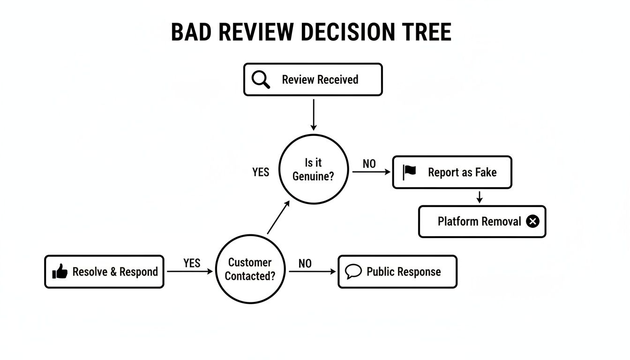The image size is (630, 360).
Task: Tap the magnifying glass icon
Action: click(x=261, y=80)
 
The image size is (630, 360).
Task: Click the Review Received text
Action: click(x=320, y=80)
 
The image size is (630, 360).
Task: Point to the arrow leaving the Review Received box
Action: click(x=314, y=114)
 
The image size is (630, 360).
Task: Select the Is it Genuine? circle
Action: click(x=314, y=169)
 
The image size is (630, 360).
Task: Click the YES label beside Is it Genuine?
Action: click(x=261, y=172)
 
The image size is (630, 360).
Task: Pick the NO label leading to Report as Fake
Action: click(x=369, y=164)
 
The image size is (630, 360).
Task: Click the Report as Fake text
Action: click(x=462, y=172)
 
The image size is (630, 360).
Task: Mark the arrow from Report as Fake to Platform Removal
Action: click(x=479, y=197)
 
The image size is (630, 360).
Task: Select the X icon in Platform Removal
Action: click(x=532, y=221)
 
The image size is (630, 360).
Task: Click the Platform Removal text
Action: click(x=479, y=221)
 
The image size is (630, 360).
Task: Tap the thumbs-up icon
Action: click(x=60, y=271)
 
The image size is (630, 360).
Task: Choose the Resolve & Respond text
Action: click(x=115, y=272)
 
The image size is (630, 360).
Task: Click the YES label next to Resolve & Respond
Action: click(x=192, y=263)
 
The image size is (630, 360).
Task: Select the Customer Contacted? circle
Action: click(x=250, y=269)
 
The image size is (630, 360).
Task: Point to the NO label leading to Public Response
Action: click(x=305, y=263)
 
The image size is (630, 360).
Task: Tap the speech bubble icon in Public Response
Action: click(x=353, y=272)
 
